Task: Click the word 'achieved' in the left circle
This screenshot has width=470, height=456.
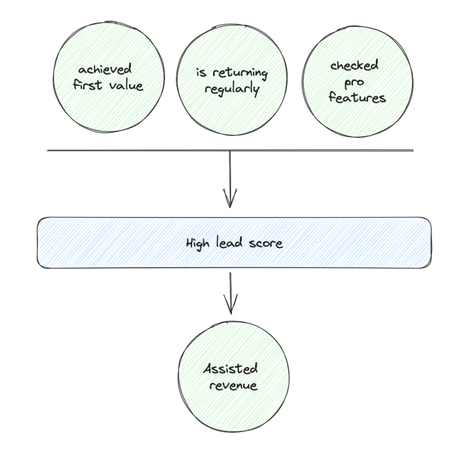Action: (x=105, y=69)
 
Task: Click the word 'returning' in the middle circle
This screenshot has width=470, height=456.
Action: (x=240, y=73)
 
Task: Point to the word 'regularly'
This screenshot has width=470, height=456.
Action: (x=232, y=89)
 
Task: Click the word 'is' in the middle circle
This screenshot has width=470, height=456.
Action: (x=201, y=73)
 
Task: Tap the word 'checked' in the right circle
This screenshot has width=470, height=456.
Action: (x=354, y=66)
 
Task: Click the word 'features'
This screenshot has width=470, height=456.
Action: (x=357, y=98)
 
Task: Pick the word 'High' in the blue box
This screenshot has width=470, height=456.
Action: (x=198, y=244)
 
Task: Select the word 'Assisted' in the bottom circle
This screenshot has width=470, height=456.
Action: (x=230, y=368)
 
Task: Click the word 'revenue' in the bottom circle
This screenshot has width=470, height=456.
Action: (x=233, y=385)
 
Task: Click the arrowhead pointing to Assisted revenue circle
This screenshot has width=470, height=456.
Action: (x=230, y=307)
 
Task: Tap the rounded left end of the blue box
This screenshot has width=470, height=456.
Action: (x=39, y=243)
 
